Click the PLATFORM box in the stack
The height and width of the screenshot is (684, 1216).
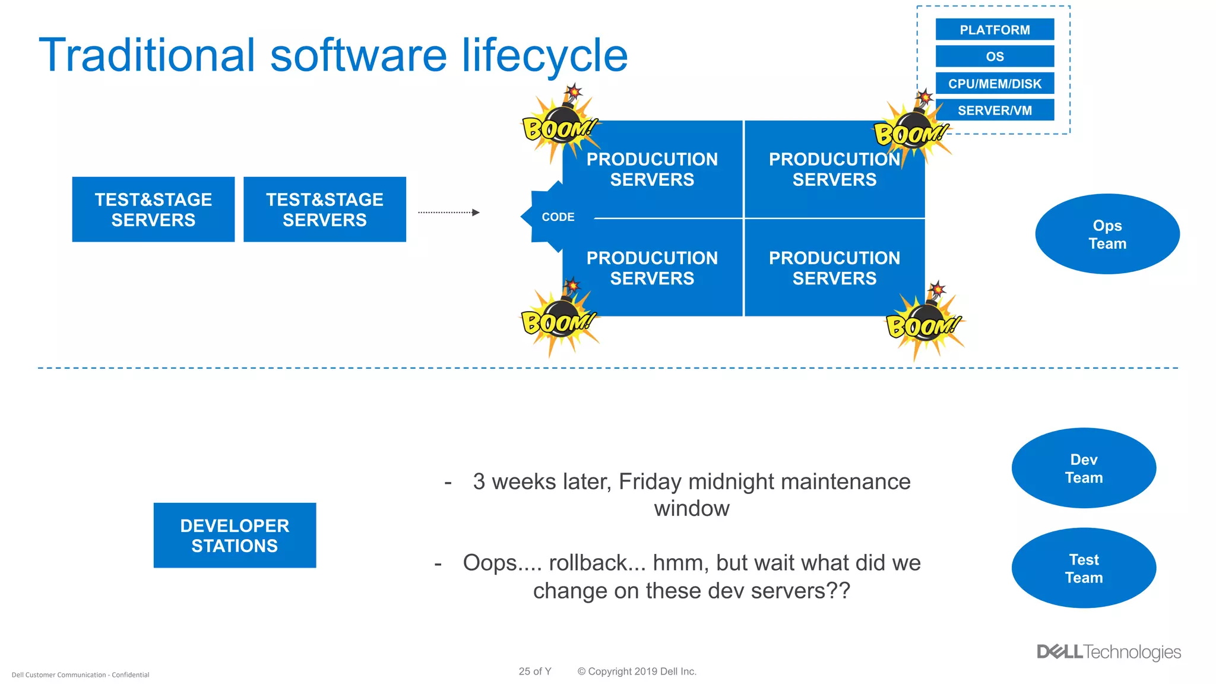coord(995,30)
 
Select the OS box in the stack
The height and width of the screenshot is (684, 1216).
coord(995,56)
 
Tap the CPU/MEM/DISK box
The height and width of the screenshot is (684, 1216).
coord(995,84)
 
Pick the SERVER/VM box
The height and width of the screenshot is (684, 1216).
coord(995,110)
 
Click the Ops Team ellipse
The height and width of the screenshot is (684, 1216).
coord(1107,234)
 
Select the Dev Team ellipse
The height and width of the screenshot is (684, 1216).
coord(1084,468)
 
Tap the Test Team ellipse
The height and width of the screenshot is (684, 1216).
coord(1084,568)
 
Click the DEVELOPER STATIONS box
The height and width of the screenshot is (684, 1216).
coord(235,536)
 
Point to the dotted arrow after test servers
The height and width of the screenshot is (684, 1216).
coord(448,213)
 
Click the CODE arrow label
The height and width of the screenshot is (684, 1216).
coord(558,217)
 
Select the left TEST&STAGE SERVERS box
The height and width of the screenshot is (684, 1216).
coord(153,210)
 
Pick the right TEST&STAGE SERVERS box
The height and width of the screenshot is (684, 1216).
coord(325,210)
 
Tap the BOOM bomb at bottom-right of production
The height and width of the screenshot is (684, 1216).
coord(923,324)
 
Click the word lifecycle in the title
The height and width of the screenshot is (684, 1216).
coord(544,55)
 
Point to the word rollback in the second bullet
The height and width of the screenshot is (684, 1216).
coord(597,563)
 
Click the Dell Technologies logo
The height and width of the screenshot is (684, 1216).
coord(1109,652)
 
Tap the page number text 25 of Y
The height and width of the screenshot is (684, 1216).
coord(535,672)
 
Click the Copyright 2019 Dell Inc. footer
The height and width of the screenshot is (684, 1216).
coord(636,672)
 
